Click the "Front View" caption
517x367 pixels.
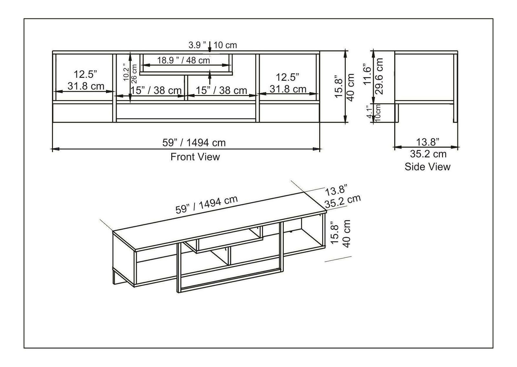click(195, 157)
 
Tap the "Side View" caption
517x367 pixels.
click(427, 167)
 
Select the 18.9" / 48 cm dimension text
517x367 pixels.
click(184, 60)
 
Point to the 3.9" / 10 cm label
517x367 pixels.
click(213, 45)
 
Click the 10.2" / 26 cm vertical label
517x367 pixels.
click(130, 73)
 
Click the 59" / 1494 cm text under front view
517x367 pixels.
click(194, 143)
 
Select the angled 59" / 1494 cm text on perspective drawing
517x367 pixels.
click(206, 205)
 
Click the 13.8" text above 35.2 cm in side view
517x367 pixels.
click(427, 142)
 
